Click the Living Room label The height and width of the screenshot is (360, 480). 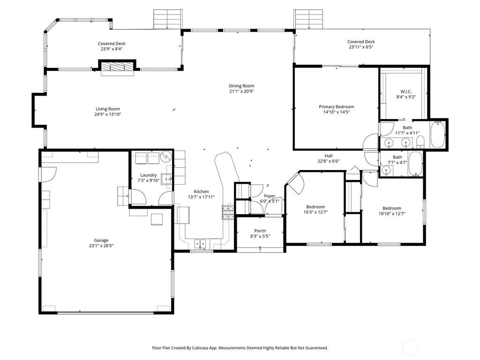pyautogui.click(x=108, y=109)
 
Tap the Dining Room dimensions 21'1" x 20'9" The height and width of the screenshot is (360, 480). pyautogui.click(x=241, y=91)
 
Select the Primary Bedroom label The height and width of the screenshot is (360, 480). pyautogui.click(x=337, y=106)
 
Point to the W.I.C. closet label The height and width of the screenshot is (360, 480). pyautogui.click(x=406, y=91)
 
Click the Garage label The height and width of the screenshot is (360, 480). pyautogui.click(x=101, y=240)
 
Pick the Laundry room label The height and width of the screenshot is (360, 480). pyautogui.click(x=149, y=175)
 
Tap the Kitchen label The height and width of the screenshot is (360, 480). pyautogui.click(x=201, y=192)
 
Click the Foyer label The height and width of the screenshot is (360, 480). pyautogui.click(x=270, y=196)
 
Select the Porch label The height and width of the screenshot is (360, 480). pyautogui.click(x=260, y=231)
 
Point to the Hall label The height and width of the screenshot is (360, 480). pyautogui.click(x=329, y=156)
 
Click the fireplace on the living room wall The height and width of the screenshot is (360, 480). pyautogui.click(x=117, y=67)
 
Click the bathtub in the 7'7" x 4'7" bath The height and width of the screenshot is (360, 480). pyautogui.click(x=416, y=164)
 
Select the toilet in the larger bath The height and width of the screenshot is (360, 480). pyautogui.click(x=420, y=142)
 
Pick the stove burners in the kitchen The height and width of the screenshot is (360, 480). pyautogui.click(x=228, y=212)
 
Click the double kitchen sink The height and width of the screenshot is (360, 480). pyautogui.click(x=200, y=244)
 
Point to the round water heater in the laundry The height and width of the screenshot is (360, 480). pyautogui.click(x=167, y=157)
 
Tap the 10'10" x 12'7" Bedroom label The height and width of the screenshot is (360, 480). pyautogui.click(x=392, y=209)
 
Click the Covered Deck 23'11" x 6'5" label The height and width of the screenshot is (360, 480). pyautogui.click(x=361, y=42)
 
